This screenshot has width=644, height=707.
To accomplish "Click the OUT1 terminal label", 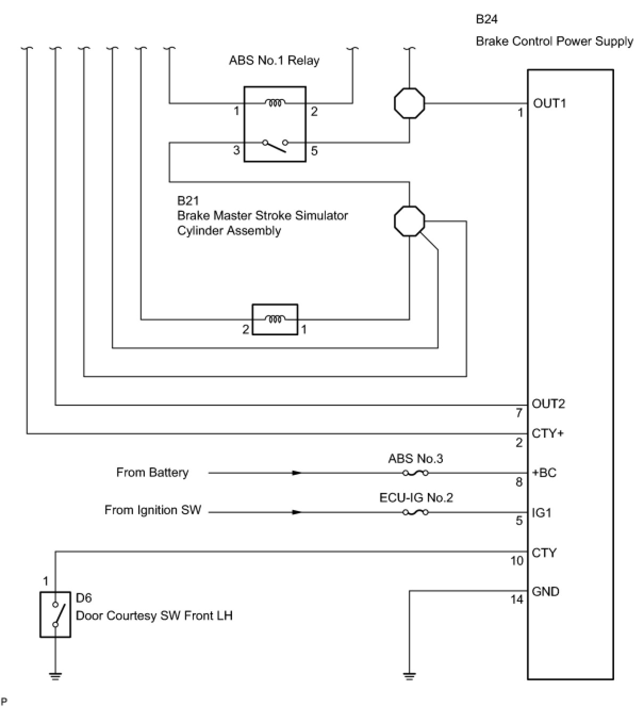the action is (x=549, y=103).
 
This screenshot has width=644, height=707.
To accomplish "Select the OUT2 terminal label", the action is (x=548, y=404).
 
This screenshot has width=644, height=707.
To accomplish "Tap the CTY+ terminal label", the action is (x=548, y=433).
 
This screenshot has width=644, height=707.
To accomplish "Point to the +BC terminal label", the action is (x=544, y=473).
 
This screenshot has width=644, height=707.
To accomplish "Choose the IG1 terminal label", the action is (x=541, y=513).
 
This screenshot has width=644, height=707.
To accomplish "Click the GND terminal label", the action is (x=546, y=591).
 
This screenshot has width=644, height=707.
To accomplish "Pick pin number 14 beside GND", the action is (x=517, y=599).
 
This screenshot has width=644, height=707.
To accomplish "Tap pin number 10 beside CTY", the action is (x=517, y=561).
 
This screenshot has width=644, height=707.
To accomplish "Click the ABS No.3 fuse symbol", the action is (x=416, y=473).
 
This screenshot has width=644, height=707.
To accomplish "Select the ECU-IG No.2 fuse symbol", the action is (x=416, y=512).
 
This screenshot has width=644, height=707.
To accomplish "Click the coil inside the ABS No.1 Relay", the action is (x=275, y=103).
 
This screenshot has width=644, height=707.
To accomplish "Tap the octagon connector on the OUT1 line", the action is (x=409, y=103).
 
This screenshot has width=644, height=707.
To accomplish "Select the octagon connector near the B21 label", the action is (x=409, y=221).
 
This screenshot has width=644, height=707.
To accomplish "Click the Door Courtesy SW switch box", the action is (x=55, y=615).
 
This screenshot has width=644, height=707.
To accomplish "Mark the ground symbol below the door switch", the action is (x=55, y=676).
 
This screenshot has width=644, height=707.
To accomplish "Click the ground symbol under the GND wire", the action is (x=409, y=676).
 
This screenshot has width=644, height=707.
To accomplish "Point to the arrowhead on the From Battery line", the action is (x=297, y=473).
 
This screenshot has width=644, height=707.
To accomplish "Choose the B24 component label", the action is (x=487, y=19).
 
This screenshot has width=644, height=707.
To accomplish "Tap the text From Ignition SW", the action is (x=153, y=510).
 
